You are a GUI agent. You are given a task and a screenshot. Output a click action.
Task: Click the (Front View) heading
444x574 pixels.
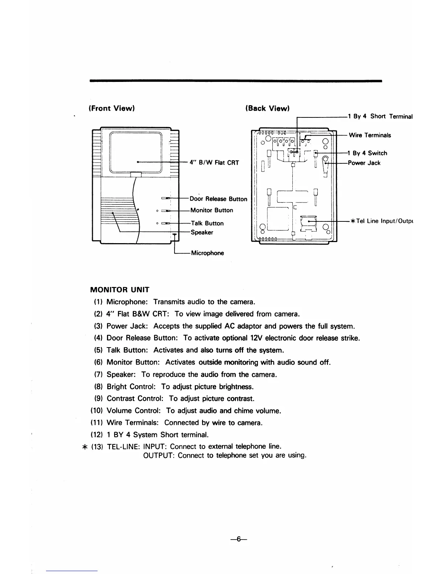[x=112, y=108]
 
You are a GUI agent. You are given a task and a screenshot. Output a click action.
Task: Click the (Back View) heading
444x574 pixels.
[x=267, y=108]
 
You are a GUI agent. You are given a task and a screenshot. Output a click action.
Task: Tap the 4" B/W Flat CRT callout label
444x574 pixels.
[x=214, y=162]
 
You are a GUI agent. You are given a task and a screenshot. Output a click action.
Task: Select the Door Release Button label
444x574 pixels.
[x=218, y=199]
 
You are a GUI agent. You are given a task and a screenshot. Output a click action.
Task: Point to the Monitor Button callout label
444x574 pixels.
[x=212, y=210]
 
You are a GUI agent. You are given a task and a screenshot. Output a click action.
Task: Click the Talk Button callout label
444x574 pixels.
[x=207, y=223]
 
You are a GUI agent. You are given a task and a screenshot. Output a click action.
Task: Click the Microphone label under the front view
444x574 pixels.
[x=207, y=253]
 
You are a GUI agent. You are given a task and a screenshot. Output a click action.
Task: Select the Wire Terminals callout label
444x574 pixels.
[x=370, y=135]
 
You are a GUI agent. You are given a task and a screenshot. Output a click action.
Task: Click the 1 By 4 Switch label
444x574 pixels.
[x=368, y=153]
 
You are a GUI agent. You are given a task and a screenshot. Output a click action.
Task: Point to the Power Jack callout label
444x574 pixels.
[x=364, y=163]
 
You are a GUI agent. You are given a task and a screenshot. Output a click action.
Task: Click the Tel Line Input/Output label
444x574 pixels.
[x=382, y=221]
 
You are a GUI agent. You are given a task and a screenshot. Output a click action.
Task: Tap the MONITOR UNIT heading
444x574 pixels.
[x=119, y=290]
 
